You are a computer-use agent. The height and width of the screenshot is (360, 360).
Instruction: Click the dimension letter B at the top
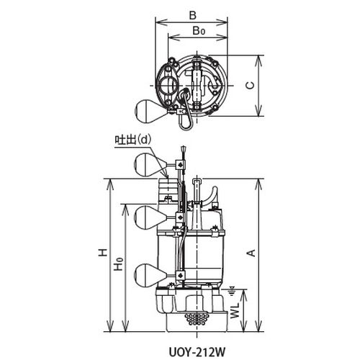click(192, 16)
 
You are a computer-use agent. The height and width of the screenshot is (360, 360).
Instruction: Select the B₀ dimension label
click(199, 31)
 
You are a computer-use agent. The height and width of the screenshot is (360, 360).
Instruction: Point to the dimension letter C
click(251, 86)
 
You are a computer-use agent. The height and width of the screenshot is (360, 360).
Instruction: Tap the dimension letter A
click(251, 253)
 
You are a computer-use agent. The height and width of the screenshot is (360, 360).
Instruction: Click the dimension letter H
click(103, 253)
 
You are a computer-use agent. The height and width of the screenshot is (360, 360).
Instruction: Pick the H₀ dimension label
click(119, 264)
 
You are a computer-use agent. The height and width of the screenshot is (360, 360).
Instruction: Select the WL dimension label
click(235, 310)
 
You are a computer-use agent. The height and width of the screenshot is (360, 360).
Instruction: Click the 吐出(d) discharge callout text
click(133, 140)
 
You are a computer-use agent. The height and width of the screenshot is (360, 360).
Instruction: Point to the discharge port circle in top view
click(168, 86)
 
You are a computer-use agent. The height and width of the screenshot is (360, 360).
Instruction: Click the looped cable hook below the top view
click(186, 120)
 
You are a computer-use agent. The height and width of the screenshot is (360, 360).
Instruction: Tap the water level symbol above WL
click(232, 290)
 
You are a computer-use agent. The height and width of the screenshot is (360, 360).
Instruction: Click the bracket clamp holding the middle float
click(180, 217)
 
